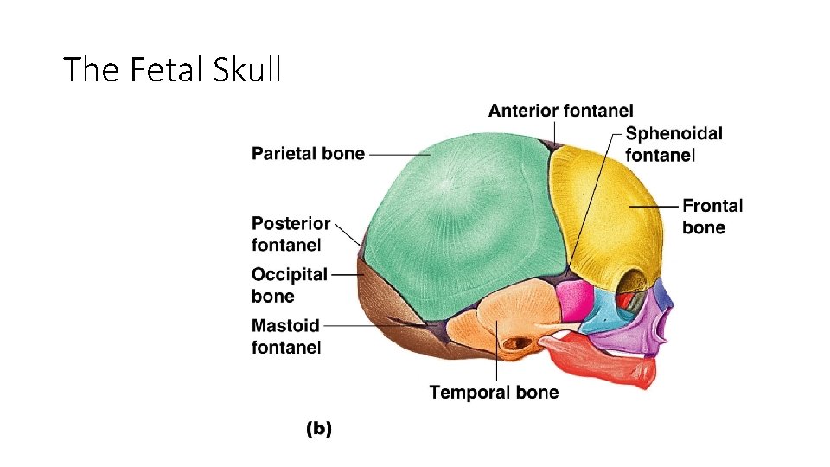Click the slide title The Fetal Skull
173,69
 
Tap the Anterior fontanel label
560,111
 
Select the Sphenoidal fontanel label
674,144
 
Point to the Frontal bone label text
712,216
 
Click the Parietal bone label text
308,154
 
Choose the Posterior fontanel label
290,234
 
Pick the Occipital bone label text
289,285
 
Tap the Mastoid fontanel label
286,336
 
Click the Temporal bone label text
494,393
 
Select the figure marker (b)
319,428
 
